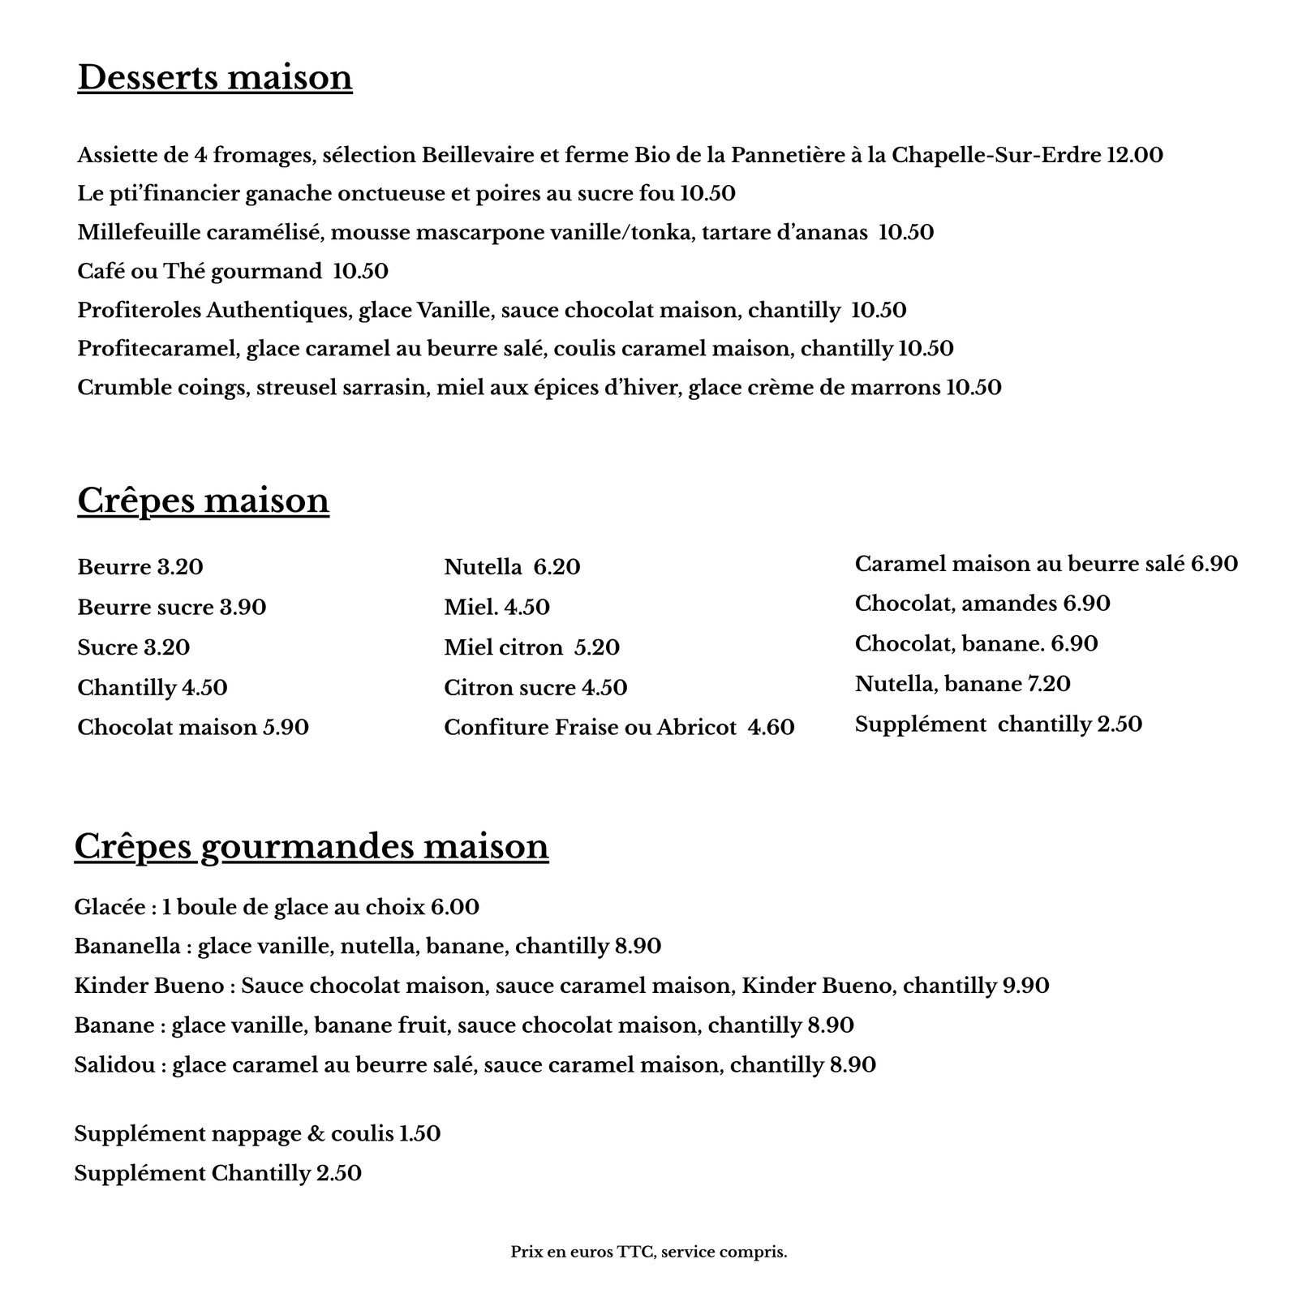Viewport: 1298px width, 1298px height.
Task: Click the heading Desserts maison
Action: coord(215,78)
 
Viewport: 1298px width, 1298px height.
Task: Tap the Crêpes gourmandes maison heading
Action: coord(312,846)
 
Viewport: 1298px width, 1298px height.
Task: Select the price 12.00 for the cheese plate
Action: coord(1134,155)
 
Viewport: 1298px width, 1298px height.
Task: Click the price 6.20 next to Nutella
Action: coord(557,567)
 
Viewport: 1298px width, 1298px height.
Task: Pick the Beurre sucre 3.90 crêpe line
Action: coord(172,608)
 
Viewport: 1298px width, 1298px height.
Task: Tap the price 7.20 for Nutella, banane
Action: coord(1049,684)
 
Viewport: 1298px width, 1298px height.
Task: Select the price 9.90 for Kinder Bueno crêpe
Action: coord(1025,986)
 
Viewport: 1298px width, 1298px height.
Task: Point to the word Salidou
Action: coord(114,1064)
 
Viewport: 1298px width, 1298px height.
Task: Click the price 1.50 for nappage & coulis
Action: coord(419,1133)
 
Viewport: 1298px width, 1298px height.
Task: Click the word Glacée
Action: coord(110,907)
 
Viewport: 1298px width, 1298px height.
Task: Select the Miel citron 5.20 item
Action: coord(531,647)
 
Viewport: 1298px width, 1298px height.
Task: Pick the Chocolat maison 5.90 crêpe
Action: coord(193,728)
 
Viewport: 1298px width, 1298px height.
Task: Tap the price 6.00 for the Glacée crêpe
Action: coord(454,907)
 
